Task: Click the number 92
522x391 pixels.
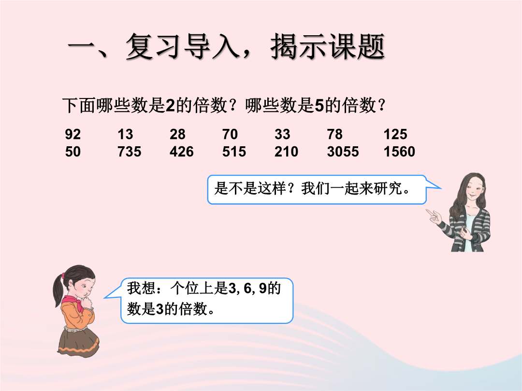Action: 72,134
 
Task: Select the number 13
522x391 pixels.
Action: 125,134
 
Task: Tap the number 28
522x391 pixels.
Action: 177,134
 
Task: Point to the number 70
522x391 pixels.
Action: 230,134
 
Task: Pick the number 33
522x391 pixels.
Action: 282,134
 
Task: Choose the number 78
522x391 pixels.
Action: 334,134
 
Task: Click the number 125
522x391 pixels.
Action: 395,134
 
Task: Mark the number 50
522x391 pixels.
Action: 72,152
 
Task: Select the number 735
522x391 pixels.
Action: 129,152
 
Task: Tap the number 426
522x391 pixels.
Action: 181,152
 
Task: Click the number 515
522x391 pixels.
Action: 234,152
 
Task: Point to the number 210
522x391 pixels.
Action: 286,152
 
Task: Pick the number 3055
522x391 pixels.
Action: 343,152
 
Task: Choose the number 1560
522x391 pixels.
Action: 400,152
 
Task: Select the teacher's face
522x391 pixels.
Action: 473,191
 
